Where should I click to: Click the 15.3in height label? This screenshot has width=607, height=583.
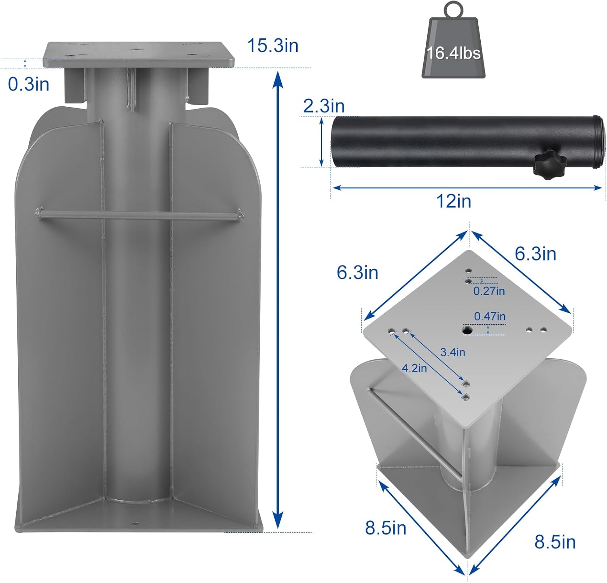pos(273,45)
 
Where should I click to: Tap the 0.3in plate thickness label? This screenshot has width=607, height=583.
pos(28,84)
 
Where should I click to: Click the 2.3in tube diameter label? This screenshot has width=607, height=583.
pos(324,106)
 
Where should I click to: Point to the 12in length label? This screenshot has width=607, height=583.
pos(453,201)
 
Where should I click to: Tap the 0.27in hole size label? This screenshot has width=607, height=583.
pos(489,291)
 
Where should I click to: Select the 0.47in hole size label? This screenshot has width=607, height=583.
pos(490,316)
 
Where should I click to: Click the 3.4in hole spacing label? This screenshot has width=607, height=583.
pos(452,352)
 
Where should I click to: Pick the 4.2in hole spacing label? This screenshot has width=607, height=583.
pos(414,368)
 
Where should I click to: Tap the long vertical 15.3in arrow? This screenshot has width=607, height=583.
pos(277,299)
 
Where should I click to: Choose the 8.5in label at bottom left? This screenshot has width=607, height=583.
pos(385,528)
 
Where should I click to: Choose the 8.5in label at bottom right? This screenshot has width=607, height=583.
pos(555,542)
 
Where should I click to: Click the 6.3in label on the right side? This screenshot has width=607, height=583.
pos(535,254)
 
